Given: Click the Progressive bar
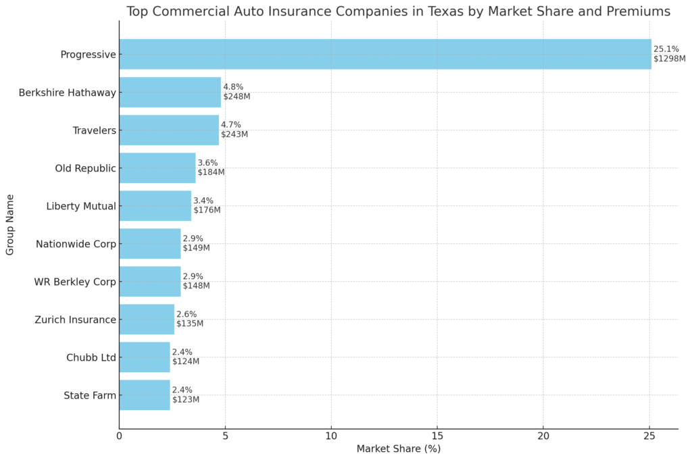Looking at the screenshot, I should [x=385, y=54].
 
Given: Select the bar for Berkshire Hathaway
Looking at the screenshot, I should [x=170, y=92].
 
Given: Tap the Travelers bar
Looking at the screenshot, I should [x=169, y=130].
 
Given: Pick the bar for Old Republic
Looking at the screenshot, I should [x=157, y=168].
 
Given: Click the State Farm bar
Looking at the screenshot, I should [x=145, y=395].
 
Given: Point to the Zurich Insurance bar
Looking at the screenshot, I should [x=147, y=320].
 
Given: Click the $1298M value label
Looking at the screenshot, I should [x=669, y=59].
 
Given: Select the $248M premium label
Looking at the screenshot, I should [x=237, y=97].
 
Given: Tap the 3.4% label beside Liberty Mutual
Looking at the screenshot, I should [x=203, y=201].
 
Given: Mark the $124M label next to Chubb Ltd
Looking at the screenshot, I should [x=185, y=361].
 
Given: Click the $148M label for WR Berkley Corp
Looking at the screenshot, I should [x=196, y=286].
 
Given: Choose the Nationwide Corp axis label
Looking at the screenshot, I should [x=76, y=244].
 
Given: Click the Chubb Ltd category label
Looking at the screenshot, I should [x=91, y=357].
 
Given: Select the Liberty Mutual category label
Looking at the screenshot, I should [x=81, y=206].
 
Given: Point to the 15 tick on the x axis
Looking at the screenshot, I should [x=437, y=437].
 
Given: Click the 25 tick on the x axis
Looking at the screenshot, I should [x=649, y=437].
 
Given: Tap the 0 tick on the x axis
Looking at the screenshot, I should [x=120, y=437].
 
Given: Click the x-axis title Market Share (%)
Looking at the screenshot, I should [x=398, y=449].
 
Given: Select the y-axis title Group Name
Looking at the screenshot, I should [x=10, y=225].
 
